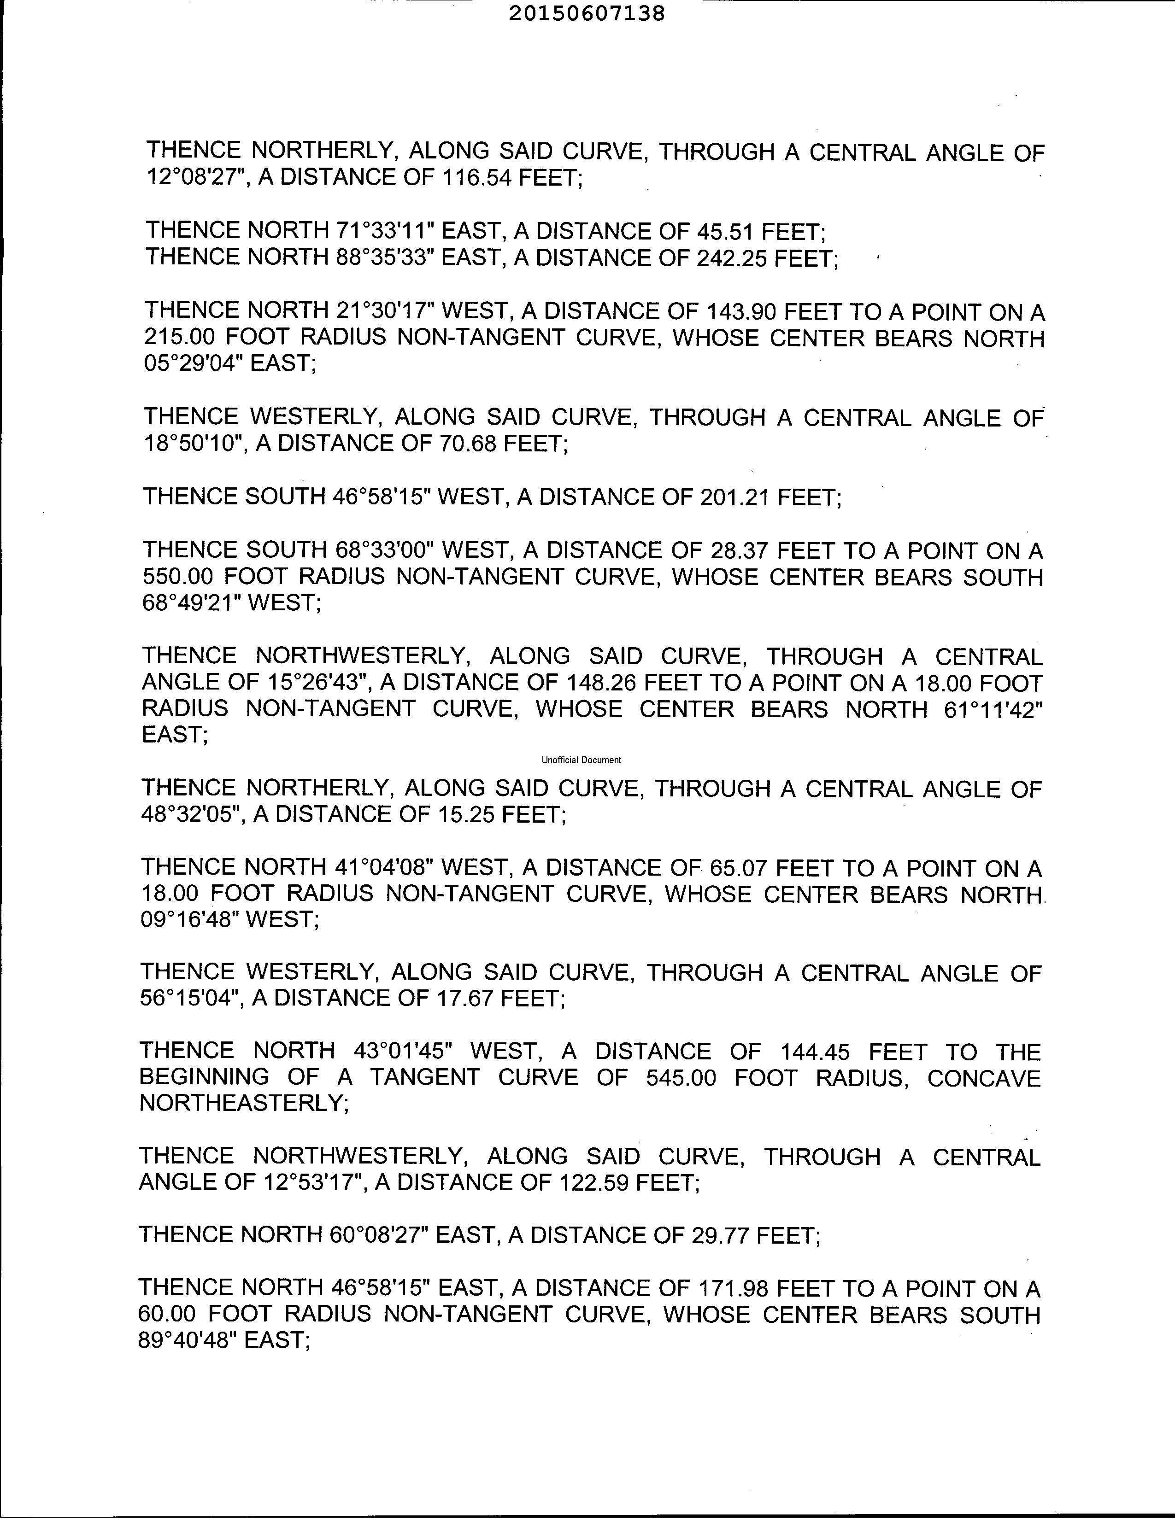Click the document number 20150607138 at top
click(x=587, y=13)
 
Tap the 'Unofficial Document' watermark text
click(x=581, y=760)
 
